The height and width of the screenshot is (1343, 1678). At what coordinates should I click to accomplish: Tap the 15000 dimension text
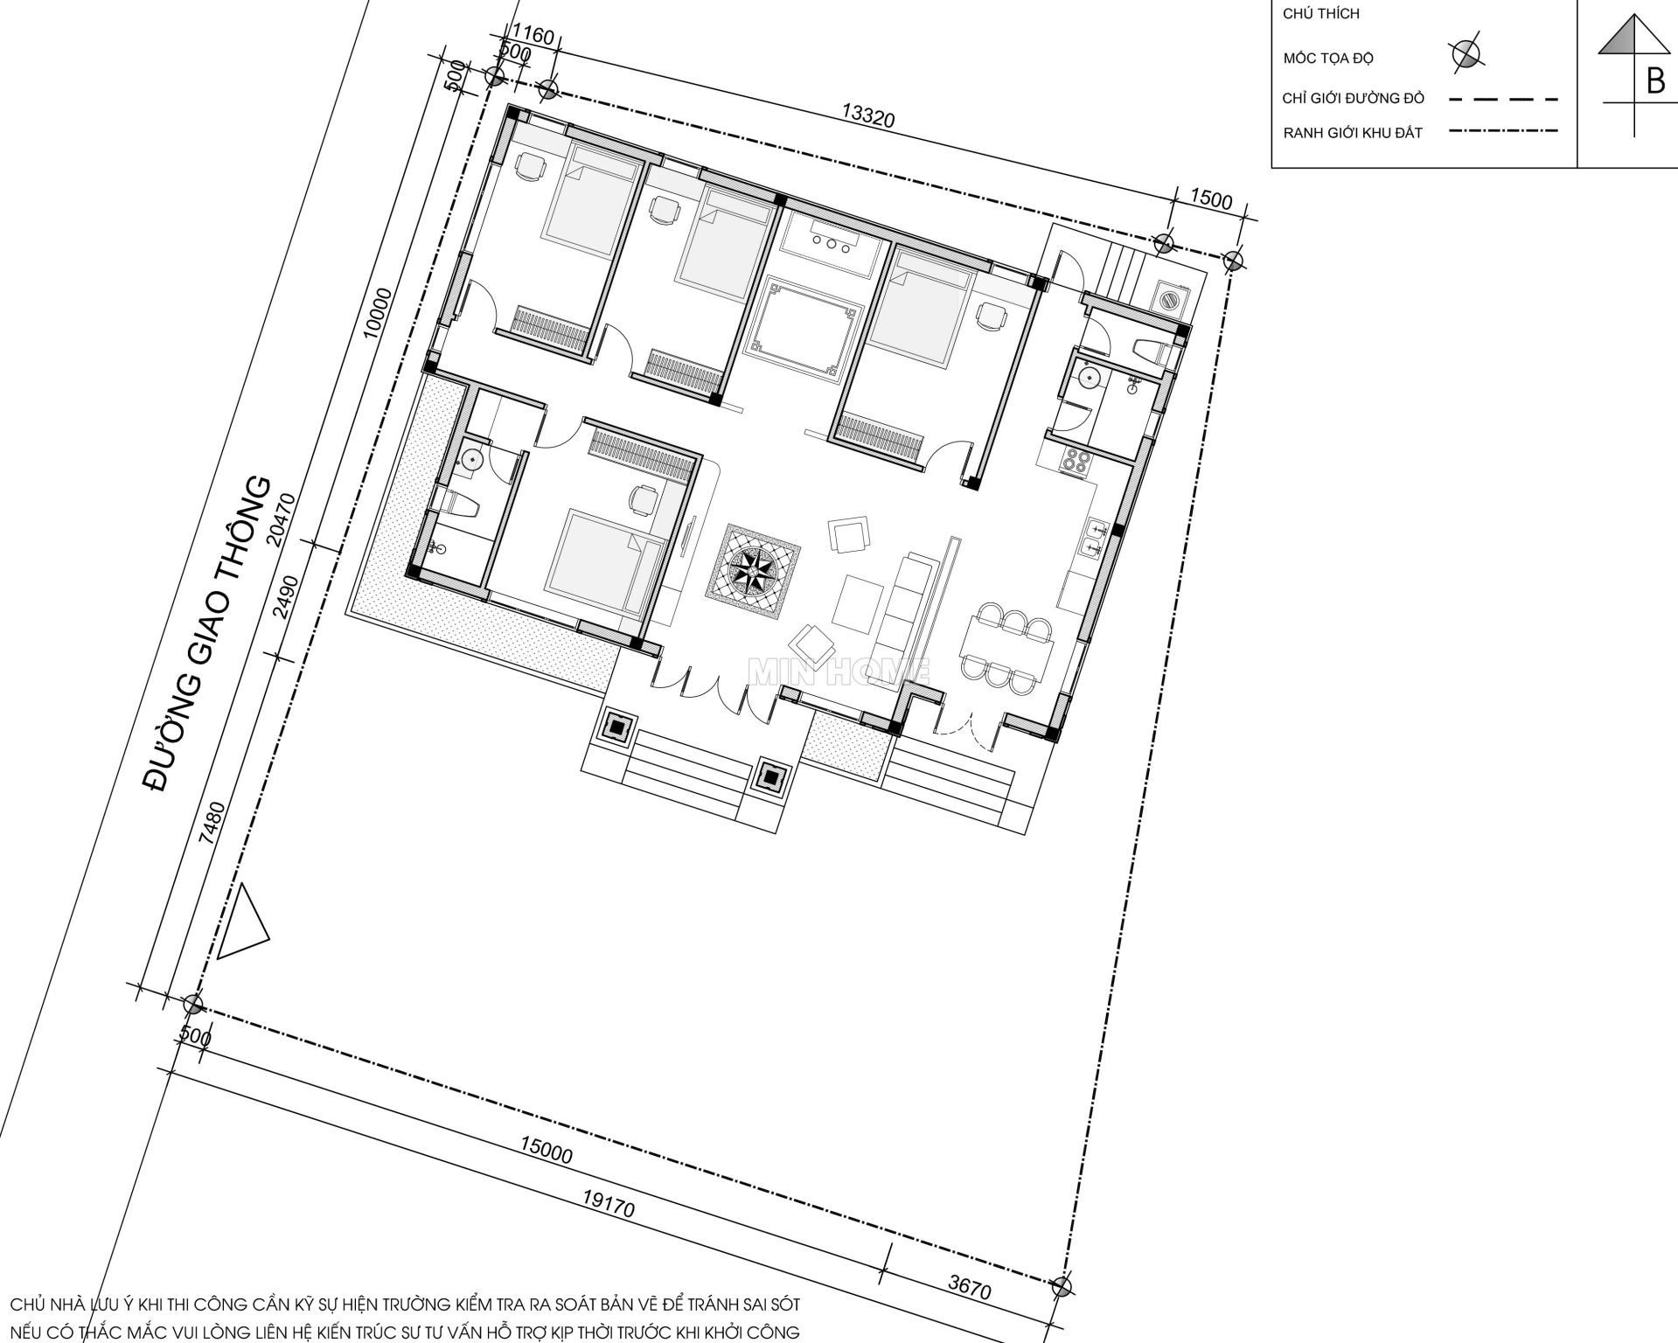[x=546, y=1150]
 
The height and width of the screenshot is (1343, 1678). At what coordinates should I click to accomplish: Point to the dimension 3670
[x=968, y=1287]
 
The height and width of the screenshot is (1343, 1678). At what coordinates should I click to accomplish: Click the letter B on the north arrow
[x=1655, y=81]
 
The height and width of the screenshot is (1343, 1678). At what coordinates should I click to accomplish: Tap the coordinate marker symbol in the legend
[x=1466, y=54]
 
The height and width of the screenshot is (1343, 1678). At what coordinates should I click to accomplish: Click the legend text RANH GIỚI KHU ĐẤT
[x=1353, y=134]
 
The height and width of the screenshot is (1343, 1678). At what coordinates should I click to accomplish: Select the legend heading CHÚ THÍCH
[x=1320, y=14]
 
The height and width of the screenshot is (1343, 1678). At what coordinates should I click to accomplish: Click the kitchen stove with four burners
[x=1075, y=461]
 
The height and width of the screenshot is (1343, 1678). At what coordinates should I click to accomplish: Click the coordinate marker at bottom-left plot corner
[x=192, y=1003]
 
